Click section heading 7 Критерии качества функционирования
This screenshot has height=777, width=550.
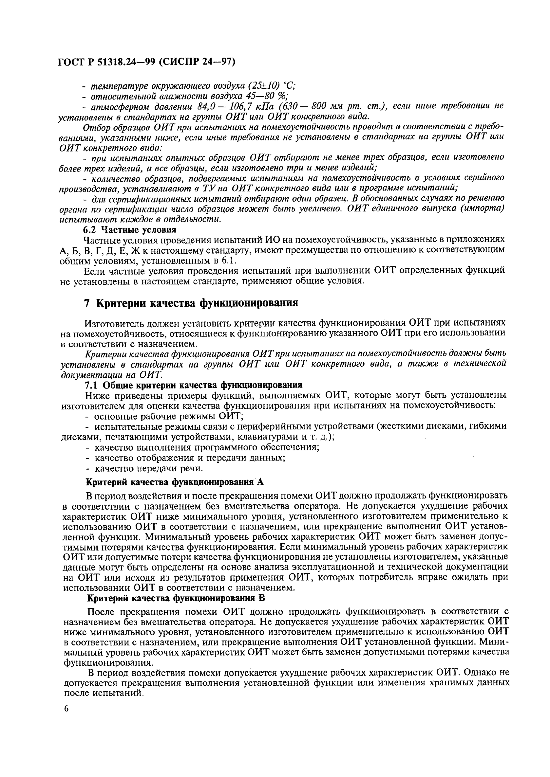(x=191, y=303)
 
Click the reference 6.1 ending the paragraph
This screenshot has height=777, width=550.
(x=229, y=261)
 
